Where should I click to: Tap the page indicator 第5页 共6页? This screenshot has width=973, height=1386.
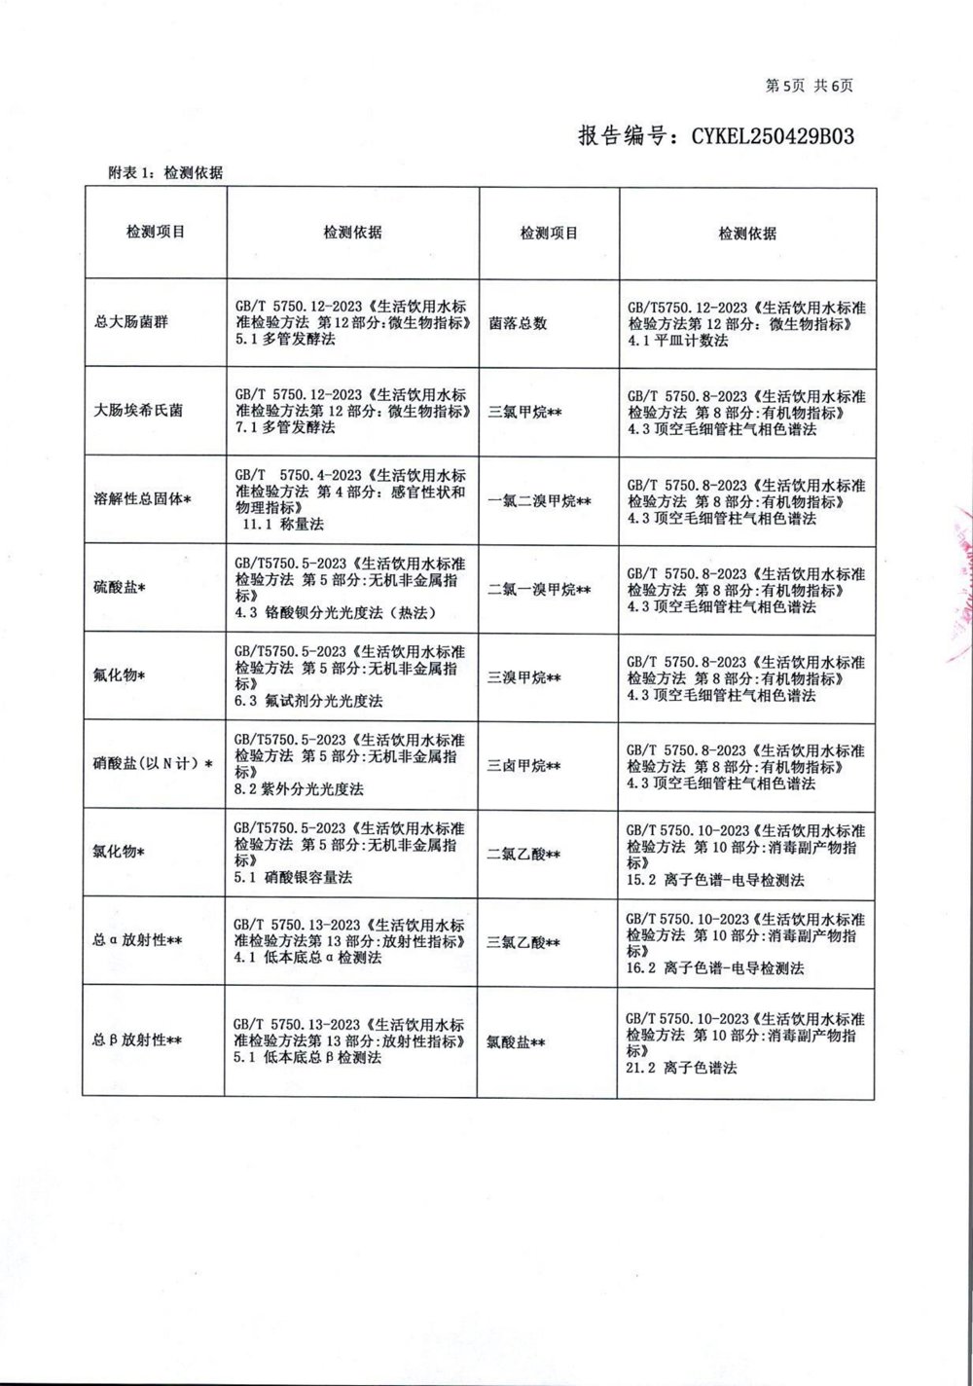pos(810,86)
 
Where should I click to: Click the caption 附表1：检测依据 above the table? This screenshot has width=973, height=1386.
pos(165,173)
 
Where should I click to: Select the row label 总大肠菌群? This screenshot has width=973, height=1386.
pos(131,322)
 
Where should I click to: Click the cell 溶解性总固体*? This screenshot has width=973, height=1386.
pos(142,499)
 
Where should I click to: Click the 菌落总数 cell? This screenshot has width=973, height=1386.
pos(518,323)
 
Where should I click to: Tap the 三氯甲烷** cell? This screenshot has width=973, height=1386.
pos(525,412)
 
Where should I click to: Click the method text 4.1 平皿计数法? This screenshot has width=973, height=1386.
pos(678,341)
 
